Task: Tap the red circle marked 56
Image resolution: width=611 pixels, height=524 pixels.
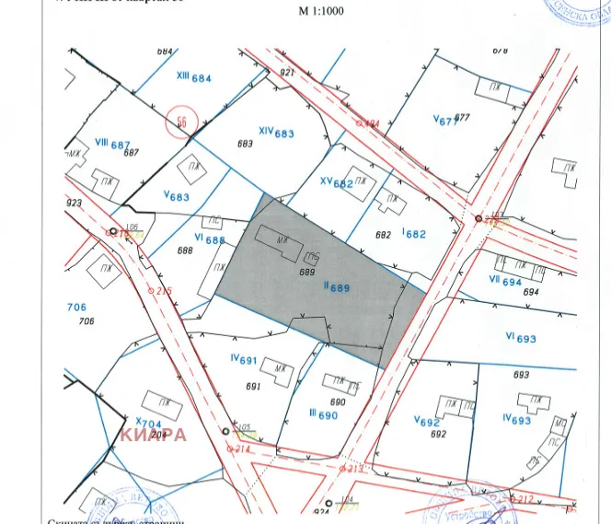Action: pyautogui.click(x=182, y=122)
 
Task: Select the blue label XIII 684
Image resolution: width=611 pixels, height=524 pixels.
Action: pyautogui.click(x=193, y=77)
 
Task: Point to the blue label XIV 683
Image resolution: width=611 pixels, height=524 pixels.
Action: pyautogui.click(x=276, y=133)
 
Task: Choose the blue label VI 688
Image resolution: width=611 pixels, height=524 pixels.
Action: pyautogui.click(x=210, y=239)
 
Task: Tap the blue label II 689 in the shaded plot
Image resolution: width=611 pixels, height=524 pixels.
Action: pyautogui.click(x=337, y=287)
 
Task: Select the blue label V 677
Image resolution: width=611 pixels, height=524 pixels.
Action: pyautogui.click(x=445, y=119)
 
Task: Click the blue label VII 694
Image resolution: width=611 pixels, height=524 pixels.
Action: pyautogui.click(x=505, y=281)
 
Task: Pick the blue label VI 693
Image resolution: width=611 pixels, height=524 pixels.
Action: pyautogui.click(x=520, y=338)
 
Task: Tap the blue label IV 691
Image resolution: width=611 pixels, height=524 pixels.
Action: pyautogui.click(x=243, y=360)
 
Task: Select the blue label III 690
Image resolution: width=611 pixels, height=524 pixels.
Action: pyautogui.click(x=323, y=414)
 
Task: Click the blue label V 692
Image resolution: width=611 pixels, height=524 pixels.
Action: pyautogui.click(x=427, y=421)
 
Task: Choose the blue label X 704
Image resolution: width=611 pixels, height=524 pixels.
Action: pyautogui.click(x=148, y=424)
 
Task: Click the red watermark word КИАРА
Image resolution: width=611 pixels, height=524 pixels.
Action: pyautogui.click(x=153, y=435)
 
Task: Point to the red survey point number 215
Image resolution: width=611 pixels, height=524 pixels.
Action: pyautogui.click(x=165, y=291)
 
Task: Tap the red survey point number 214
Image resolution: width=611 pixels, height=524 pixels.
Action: pyautogui.click(x=243, y=448)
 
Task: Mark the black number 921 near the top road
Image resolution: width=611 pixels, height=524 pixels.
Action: pyautogui.click(x=286, y=72)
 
